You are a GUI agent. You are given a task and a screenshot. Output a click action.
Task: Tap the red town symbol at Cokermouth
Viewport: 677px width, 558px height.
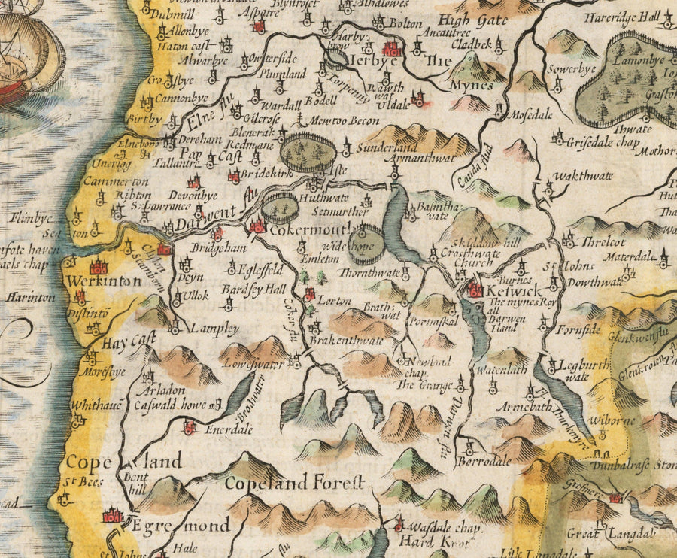coord(258,226)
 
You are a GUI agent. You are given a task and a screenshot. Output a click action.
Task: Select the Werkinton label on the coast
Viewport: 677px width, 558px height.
coord(94,281)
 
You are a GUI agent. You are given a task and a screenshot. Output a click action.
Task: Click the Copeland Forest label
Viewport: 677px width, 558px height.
coord(294,481)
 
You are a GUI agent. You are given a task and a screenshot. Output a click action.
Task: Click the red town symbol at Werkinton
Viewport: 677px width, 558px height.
coord(99,266)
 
